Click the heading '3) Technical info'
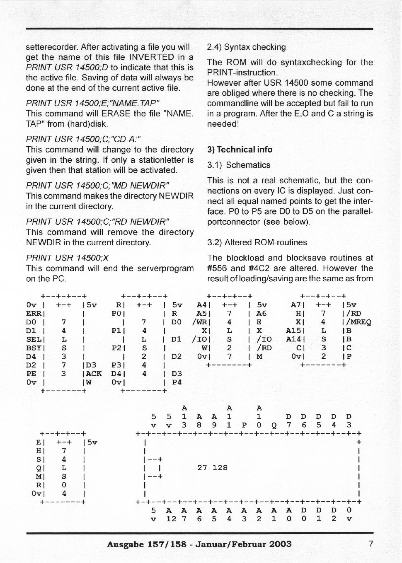[240, 150]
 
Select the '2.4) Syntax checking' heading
[246, 47]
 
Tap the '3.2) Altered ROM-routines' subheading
[257, 242]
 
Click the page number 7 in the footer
[371, 544]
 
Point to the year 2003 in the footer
[280, 544]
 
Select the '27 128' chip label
[212, 468]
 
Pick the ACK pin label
[94, 374]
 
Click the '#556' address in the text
[216, 268]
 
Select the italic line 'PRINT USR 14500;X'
[67, 258]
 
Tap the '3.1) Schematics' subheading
[238, 165]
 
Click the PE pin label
[31, 374]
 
